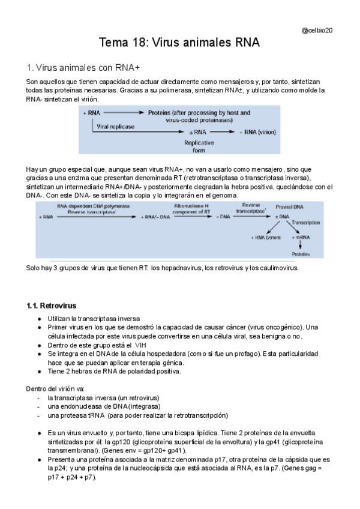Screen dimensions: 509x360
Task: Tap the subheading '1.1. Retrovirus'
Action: [52, 306]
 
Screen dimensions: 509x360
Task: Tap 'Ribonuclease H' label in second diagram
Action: [191, 205]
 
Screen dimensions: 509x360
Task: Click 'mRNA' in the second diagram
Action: [300, 238]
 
